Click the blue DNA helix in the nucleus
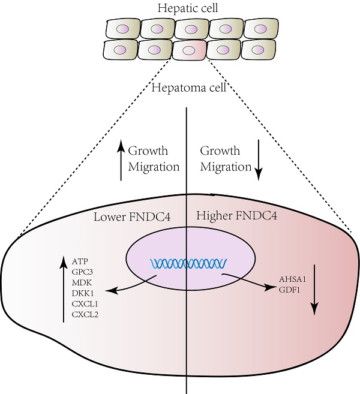[188, 263]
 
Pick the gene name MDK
[81, 282]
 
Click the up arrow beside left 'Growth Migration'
[121, 160]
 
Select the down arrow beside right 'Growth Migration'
[259, 160]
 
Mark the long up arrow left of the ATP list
[64, 288]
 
